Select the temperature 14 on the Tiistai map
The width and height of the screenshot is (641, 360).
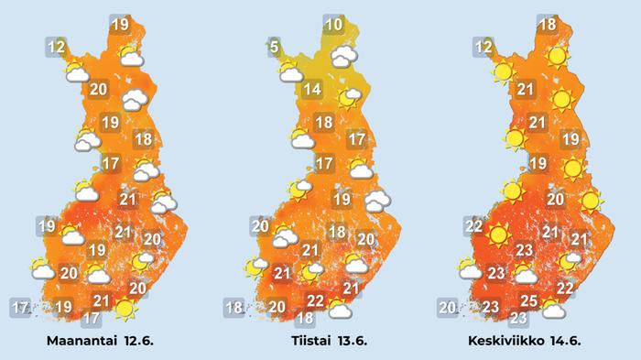click(x=313, y=90)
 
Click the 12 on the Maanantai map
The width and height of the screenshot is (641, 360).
click(x=56, y=46)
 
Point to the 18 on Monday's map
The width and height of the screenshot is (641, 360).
click(x=142, y=140)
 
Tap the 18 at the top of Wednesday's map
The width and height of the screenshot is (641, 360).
click(x=548, y=26)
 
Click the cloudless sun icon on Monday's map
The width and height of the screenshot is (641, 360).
click(x=125, y=311)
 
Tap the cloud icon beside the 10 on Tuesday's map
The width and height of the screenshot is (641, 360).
click(x=344, y=57)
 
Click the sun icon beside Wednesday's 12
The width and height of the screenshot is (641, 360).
click(x=502, y=71)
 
